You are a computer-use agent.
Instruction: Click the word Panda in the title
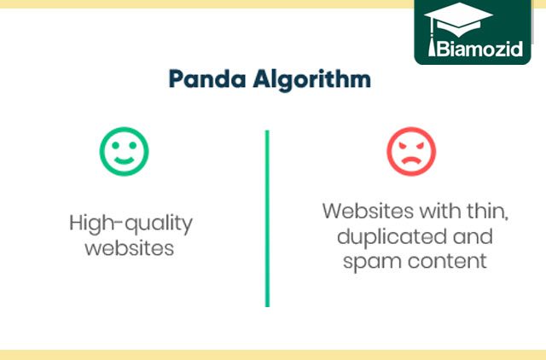coord(207,78)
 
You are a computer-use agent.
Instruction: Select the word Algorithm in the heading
coord(312,80)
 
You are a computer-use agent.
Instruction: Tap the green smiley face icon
coord(125,152)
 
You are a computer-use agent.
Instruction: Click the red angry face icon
coord(411,152)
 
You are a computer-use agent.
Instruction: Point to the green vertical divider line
coord(267,218)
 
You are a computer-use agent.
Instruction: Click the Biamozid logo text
coord(479,49)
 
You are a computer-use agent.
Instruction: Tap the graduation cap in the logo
coord(458,19)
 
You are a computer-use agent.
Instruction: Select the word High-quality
coord(131,224)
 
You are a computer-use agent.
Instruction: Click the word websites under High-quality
coord(130,248)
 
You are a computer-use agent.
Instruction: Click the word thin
coord(487,212)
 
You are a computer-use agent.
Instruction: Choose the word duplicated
coord(392,238)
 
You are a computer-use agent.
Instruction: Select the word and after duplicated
coord(473,236)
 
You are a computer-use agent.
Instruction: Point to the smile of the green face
coord(125,160)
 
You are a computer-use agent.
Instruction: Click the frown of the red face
coord(411,160)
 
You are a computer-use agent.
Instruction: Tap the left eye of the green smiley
coord(115,145)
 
